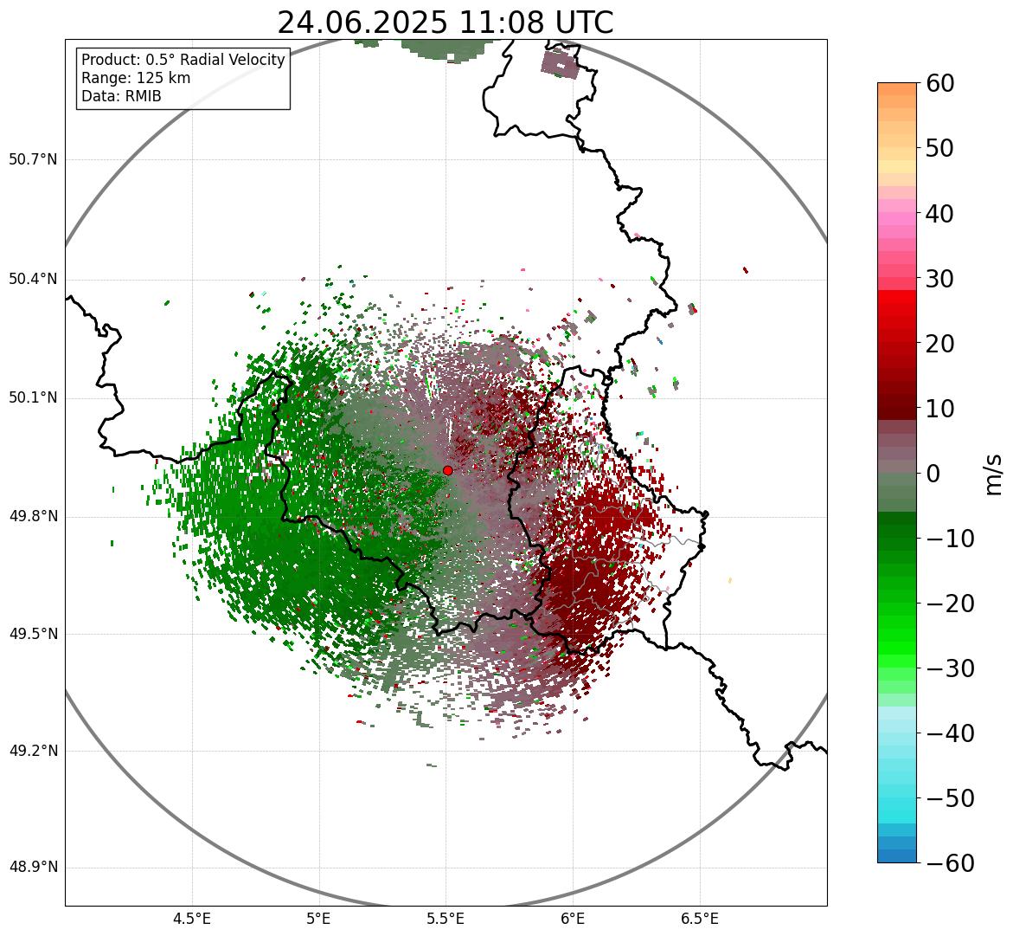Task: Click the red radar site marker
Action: (447, 470)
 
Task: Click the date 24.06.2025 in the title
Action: (362, 23)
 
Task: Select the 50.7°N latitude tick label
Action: (33, 160)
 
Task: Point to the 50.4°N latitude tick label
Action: (33, 280)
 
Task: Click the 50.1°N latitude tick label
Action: (33, 398)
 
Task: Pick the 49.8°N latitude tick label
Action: (33, 517)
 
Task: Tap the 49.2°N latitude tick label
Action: (33, 751)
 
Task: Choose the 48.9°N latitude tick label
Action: (33, 868)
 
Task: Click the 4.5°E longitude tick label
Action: (192, 919)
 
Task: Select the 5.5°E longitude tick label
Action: (446, 919)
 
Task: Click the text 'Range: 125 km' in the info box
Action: (136, 78)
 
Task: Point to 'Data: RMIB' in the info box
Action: (121, 96)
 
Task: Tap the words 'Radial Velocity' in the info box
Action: (234, 60)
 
